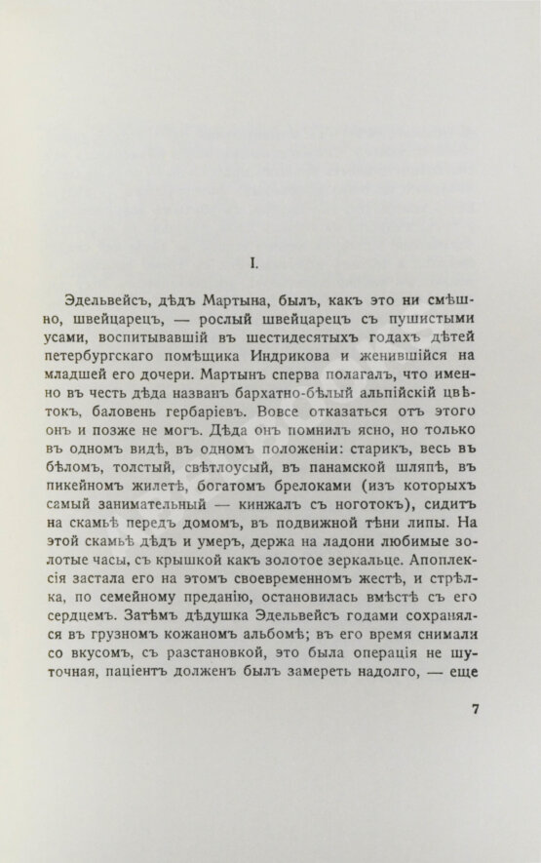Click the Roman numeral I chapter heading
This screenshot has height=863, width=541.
251,261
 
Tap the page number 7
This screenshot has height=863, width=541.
477,736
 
